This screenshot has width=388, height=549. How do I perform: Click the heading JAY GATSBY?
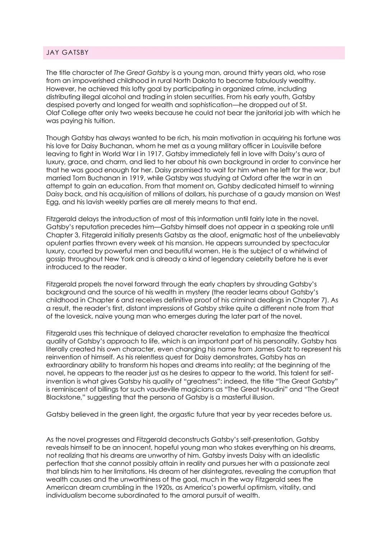coord(67,52)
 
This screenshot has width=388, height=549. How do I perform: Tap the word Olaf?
coord(53,113)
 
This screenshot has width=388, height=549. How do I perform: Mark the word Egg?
coord(52,202)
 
